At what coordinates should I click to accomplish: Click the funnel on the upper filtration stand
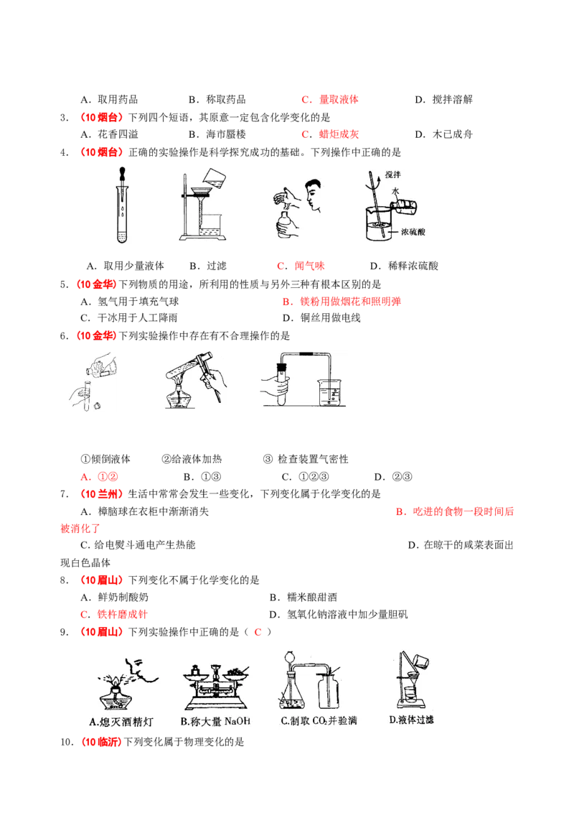click(202, 193)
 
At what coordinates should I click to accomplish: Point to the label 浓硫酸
click(413, 231)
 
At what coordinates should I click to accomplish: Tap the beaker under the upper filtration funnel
click(210, 230)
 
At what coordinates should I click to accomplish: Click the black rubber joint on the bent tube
click(307, 355)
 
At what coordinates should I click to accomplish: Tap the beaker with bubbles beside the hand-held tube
click(331, 392)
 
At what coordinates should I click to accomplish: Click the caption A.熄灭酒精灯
click(121, 721)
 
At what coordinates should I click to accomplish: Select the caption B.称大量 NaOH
click(215, 721)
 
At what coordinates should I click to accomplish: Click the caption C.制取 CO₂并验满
click(319, 721)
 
